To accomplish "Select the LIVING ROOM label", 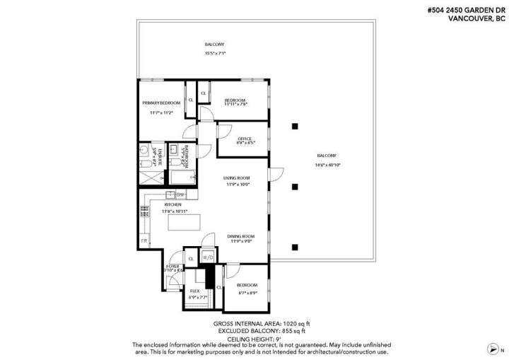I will (x=235, y=178).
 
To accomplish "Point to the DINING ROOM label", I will (x=240, y=236).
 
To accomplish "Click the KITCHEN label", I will (x=172, y=204).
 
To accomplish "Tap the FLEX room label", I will (x=194, y=291).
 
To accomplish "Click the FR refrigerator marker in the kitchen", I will (x=144, y=242).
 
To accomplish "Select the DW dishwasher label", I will (x=180, y=194).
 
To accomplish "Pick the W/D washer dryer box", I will (x=209, y=257).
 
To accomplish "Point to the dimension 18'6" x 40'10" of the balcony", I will (x=327, y=164).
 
